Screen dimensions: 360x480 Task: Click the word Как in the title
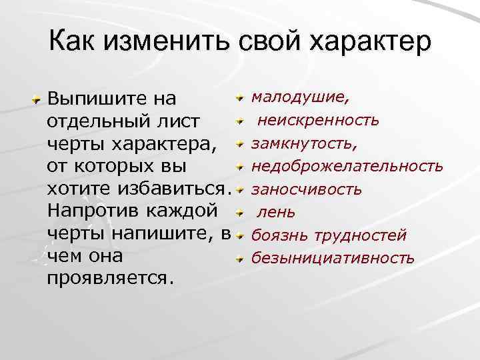72,41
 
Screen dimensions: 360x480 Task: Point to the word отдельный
94,122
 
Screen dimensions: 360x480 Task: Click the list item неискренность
319,121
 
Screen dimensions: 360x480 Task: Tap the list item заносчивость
306,189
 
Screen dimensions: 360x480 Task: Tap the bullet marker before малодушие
240,99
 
